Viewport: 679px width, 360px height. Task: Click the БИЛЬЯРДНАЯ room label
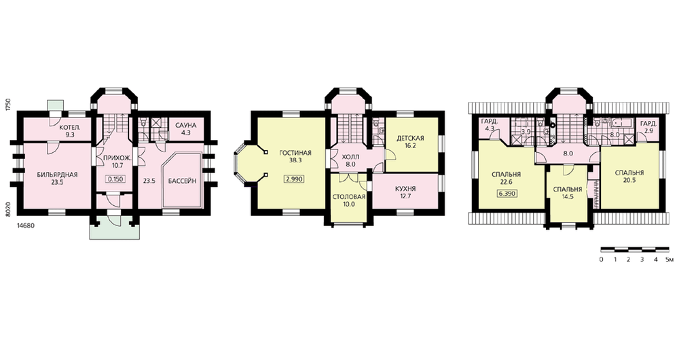[x=57, y=175]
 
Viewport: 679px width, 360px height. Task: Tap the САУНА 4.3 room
[x=186, y=129]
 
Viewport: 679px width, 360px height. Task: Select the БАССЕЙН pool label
[x=182, y=181]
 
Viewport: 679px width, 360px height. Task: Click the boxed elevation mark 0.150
[x=115, y=179]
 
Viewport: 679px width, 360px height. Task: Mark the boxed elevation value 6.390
[x=507, y=194]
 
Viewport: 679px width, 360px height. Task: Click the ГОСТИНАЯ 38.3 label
[x=295, y=156]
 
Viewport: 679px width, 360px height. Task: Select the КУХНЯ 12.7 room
[x=405, y=192]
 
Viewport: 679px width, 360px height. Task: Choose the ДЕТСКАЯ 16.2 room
[x=410, y=142]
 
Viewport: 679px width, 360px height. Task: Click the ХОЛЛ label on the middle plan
[x=351, y=157]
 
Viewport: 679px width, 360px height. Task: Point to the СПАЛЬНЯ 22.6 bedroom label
[x=507, y=178]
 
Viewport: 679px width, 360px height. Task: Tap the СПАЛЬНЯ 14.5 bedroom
[x=567, y=193]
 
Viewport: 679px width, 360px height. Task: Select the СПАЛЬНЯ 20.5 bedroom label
[x=629, y=176]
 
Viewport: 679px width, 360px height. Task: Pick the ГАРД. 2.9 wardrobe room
[x=648, y=126]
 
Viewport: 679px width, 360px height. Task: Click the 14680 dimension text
[x=26, y=226]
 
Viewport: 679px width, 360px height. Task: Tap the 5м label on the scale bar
[x=669, y=259]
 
